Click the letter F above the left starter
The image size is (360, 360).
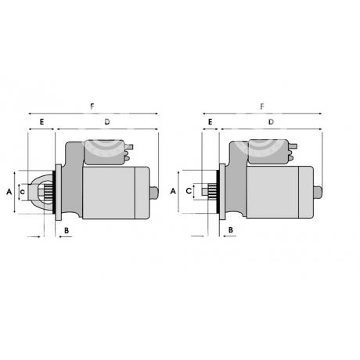92,106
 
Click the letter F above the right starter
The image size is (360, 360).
262,106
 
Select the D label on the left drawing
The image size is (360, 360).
107,122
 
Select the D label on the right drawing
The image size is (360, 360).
272,122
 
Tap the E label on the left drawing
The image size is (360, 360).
41,122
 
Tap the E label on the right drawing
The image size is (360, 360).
210,122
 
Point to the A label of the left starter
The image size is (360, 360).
9,192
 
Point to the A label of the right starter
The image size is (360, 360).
173,192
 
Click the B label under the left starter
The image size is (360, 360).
67,231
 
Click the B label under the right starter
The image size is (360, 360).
231,230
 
